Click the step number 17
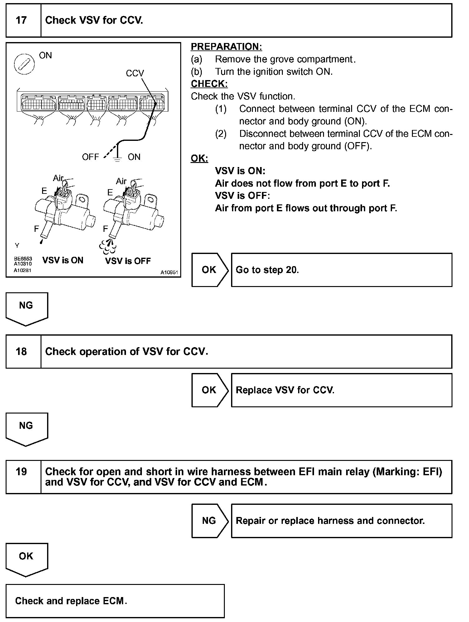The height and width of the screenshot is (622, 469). pyautogui.click(x=21, y=21)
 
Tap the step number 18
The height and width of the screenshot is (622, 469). pyautogui.click(x=21, y=352)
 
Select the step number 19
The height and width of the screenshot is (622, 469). pyautogui.click(x=21, y=471)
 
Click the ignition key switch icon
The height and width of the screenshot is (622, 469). pyautogui.click(x=24, y=65)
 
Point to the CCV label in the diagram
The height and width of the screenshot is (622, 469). pyautogui.click(x=135, y=73)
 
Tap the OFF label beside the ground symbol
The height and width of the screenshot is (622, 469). pyautogui.click(x=90, y=157)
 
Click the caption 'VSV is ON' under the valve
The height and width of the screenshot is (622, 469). pyautogui.click(x=63, y=260)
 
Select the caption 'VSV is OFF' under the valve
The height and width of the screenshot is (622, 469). pyautogui.click(x=128, y=261)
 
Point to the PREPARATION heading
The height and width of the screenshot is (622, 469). pyautogui.click(x=226, y=47)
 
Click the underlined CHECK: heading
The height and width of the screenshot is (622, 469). pyautogui.click(x=209, y=84)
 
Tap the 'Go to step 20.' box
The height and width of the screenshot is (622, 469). pyautogui.click(x=341, y=270)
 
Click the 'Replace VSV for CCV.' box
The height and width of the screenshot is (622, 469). pyautogui.click(x=341, y=390)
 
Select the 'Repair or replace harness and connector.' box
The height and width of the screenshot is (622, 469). pyautogui.click(x=341, y=521)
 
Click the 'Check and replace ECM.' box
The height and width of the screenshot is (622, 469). pyautogui.click(x=115, y=601)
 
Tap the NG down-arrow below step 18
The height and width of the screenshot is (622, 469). pyautogui.click(x=27, y=428)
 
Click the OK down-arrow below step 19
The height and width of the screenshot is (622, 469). pyautogui.click(x=27, y=559)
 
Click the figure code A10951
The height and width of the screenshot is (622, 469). pyautogui.click(x=169, y=272)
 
